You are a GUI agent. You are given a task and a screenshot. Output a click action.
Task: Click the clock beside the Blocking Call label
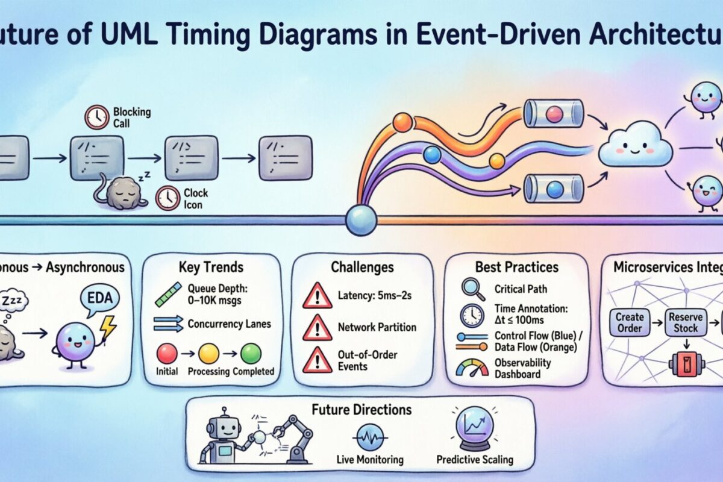tap(97, 117)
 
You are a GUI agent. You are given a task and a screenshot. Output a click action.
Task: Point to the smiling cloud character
tap(635, 146)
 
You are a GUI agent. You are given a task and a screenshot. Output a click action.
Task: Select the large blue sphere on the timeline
tap(361, 220)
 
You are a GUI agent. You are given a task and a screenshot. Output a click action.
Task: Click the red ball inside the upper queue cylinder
tap(552, 114)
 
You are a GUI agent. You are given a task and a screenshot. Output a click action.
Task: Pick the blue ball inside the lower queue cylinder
tap(554, 189)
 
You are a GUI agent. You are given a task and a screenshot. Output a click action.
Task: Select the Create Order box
tap(630, 322)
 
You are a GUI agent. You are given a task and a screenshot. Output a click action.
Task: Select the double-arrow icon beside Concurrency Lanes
tap(168, 324)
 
